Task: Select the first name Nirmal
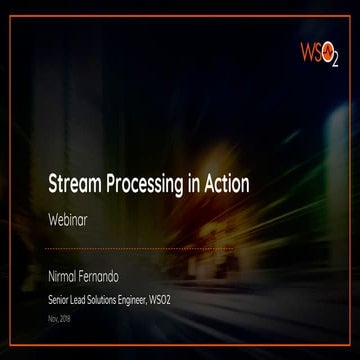point(67,270)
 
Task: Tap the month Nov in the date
point(53,319)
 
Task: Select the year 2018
point(67,319)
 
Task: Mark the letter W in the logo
point(308,50)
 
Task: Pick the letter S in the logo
point(321,50)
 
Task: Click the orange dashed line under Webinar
point(140,247)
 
